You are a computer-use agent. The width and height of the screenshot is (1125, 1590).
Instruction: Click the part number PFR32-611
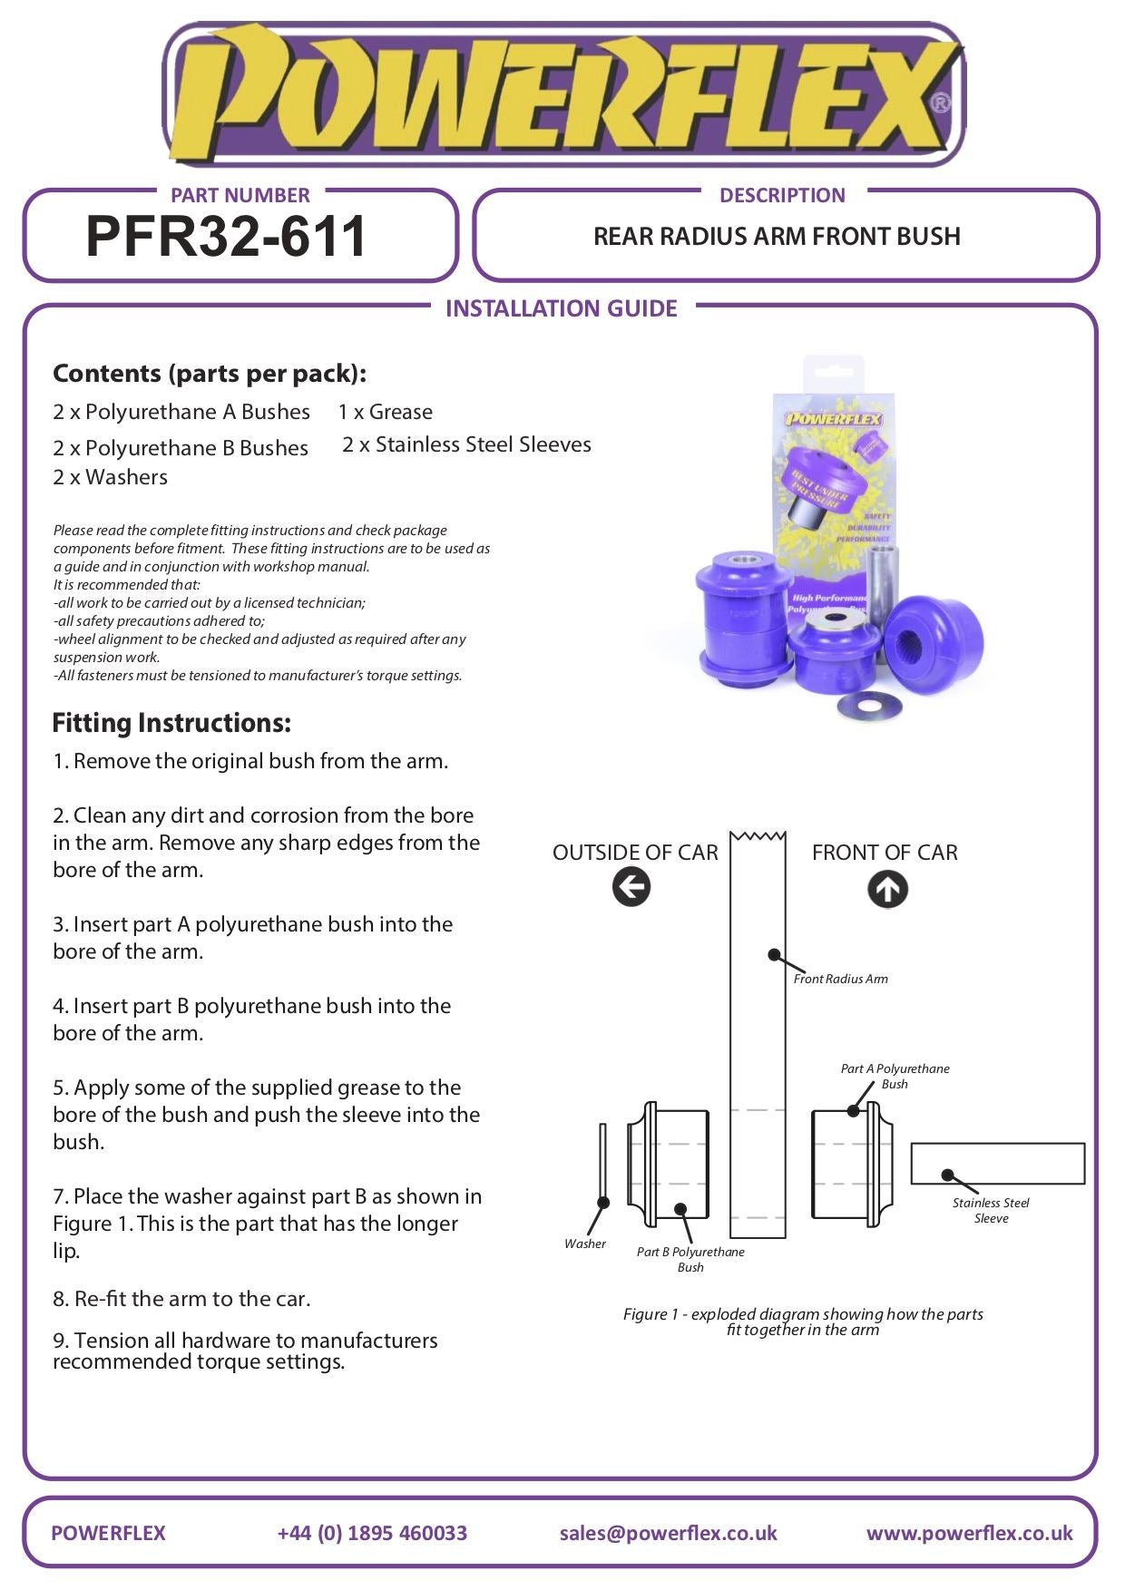[226, 237]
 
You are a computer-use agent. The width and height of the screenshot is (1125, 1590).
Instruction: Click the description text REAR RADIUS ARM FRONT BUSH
[777, 237]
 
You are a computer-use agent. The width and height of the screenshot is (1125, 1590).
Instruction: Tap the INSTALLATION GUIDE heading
[561, 308]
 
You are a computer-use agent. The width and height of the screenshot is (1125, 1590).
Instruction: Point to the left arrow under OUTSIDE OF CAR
[631, 886]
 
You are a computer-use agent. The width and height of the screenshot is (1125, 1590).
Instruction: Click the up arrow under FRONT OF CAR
[886, 889]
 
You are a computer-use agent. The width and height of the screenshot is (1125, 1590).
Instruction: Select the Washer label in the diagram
[584, 1244]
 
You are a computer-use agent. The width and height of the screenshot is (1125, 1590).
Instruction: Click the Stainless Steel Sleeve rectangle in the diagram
[997, 1163]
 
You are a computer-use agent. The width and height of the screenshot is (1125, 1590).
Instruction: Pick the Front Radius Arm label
[840, 979]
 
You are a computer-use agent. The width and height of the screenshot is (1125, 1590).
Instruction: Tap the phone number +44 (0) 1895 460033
[372, 1533]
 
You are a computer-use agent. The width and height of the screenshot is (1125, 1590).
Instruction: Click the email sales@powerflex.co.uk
[668, 1533]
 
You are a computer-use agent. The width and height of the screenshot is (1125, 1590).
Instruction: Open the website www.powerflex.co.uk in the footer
[969, 1533]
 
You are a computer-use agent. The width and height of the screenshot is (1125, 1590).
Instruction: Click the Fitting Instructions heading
[171, 723]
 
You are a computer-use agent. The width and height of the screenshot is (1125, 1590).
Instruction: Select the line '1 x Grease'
[385, 412]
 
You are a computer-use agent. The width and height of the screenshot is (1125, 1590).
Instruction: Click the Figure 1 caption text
[802, 1322]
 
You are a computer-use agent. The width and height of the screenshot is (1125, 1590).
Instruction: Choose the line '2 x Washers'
[110, 477]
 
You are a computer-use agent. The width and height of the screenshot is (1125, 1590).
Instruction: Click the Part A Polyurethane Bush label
[895, 1076]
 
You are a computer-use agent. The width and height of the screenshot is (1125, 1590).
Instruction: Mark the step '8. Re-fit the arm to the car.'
[181, 1299]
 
